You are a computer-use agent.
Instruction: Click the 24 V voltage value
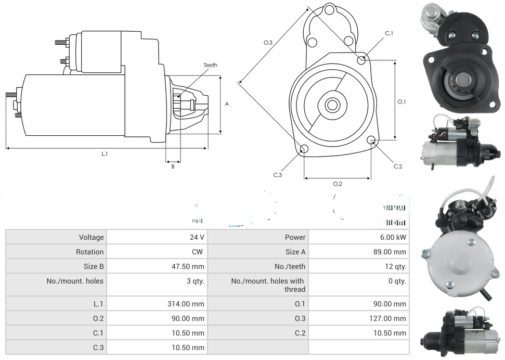[x=197, y=237]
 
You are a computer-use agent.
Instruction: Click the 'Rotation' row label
[x=89, y=252]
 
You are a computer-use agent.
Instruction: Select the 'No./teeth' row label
[x=290, y=266]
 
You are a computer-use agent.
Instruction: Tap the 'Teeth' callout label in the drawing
[x=210, y=65]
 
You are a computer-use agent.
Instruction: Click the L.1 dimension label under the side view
[x=105, y=153]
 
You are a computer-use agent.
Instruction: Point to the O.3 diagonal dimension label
[x=268, y=43]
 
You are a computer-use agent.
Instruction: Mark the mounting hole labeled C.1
[x=361, y=60]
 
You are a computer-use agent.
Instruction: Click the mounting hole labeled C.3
[x=304, y=150]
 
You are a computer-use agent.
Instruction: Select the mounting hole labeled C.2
[x=371, y=140]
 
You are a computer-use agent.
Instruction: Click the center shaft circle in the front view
[x=332, y=105]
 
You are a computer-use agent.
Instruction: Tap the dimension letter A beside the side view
[x=227, y=104]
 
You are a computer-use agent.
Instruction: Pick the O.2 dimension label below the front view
[x=338, y=184]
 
